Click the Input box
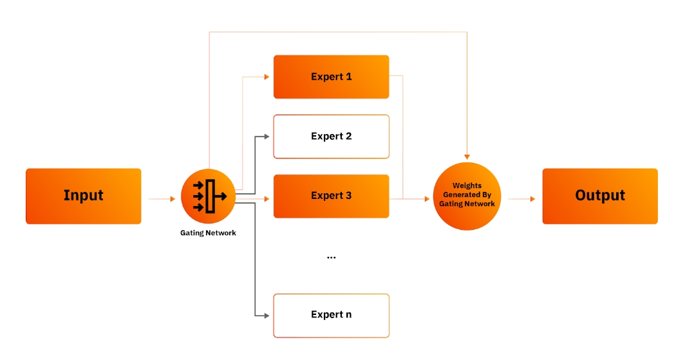[x=83, y=196]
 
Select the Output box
[x=600, y=196]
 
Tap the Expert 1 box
[x=331, y=77]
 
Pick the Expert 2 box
[x=331, y=137]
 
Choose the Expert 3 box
[x=331, y=196]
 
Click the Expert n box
[x=331, y=315]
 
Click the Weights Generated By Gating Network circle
[x=467, y=196]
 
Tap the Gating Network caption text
[x=208, y=233]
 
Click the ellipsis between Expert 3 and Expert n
[x=331, y=257]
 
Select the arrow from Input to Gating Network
[x=162, y=199]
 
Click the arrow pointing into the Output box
[x=521, y=199]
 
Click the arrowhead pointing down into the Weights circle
[x=467, y=156]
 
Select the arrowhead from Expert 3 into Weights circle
[x=426, y=199]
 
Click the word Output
[x=600, y=196]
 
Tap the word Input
[x=83, y=196]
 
